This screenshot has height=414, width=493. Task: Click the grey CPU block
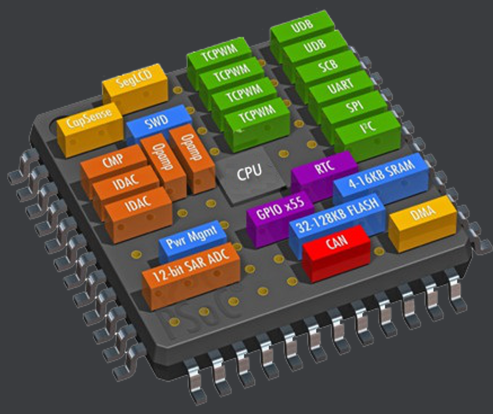click(249, 173)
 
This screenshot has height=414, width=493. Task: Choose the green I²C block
click(367, 127)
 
